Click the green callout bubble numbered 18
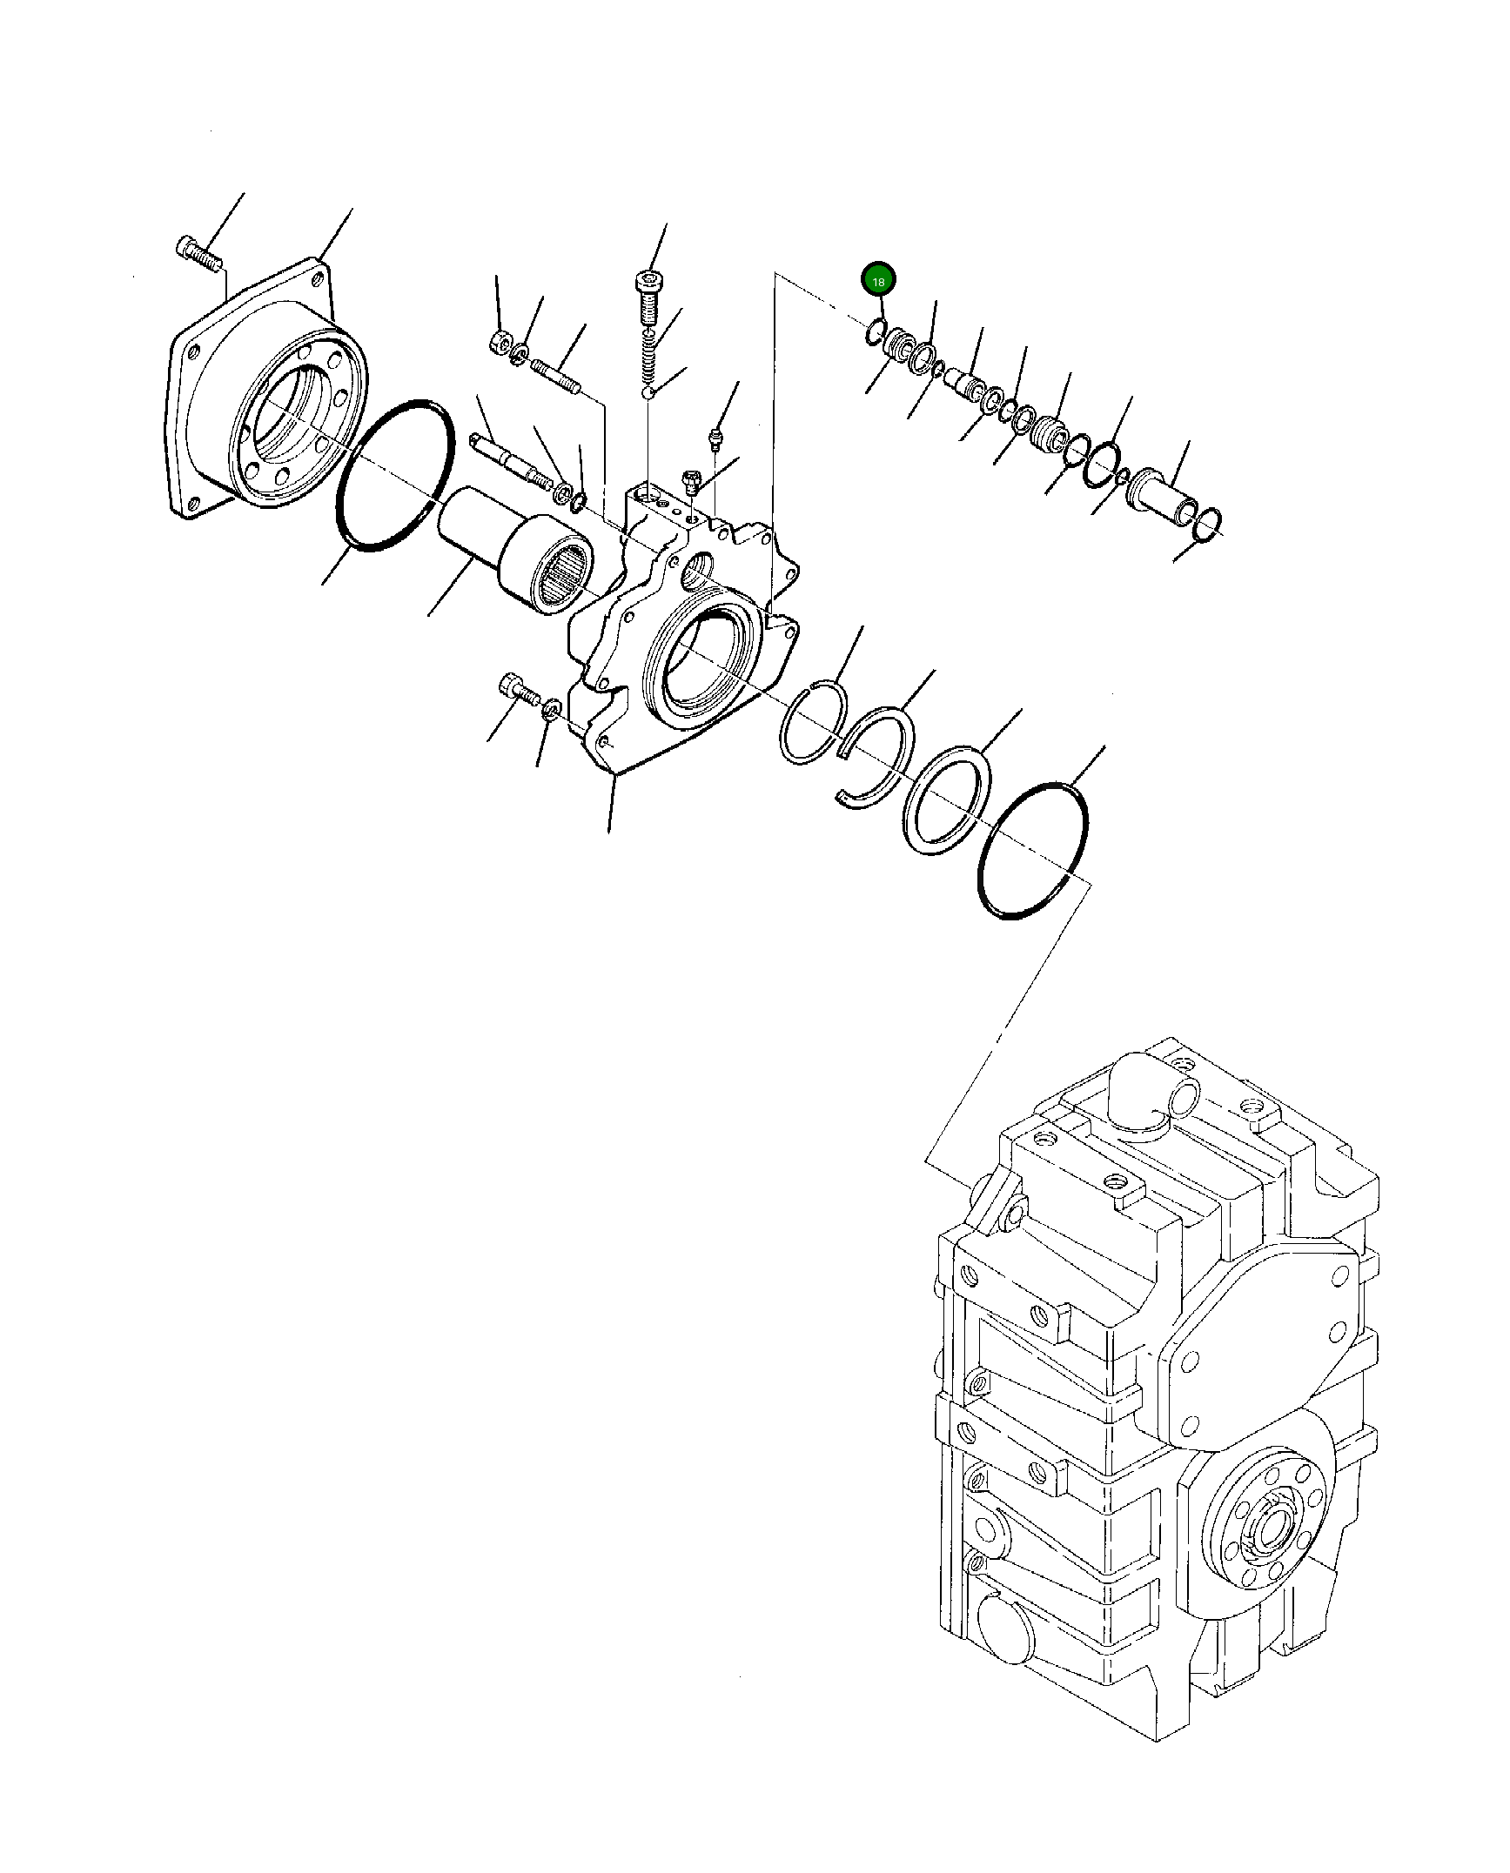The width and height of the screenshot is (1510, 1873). coord(878,281)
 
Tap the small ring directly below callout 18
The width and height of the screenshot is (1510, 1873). coord(876,331)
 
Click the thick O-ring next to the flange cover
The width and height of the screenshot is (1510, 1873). coord(395,475)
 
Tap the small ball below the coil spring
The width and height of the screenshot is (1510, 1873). coord(648,395)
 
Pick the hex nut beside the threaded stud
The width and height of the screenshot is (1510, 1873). coord(499,341)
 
